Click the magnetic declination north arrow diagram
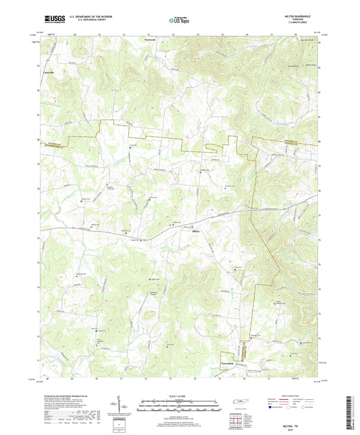[128, 404]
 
